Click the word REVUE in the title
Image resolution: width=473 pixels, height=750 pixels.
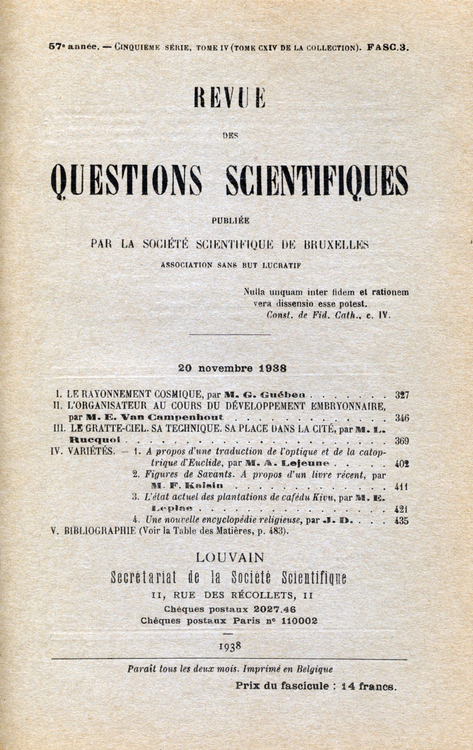[x=229, y=97]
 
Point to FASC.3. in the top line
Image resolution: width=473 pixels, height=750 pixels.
[x=388, y=47]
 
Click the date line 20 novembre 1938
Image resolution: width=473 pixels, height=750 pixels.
[x=232, y=368]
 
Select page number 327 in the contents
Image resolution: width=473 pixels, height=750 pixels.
[x=402, y=395]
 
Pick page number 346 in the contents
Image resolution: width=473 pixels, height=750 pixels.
[x=402, y=418]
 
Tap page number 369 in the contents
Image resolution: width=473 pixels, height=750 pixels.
[x=402, y=441]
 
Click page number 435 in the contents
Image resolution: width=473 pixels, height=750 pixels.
[x=401, y=520]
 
